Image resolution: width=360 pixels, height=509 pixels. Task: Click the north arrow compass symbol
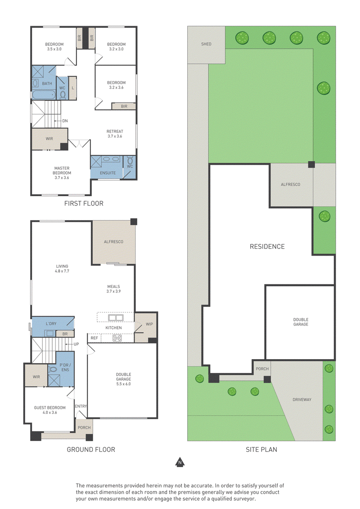pyautogui.click(x=180, y=462)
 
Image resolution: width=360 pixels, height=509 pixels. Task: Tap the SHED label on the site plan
pyautogui.click(x=206, y=44)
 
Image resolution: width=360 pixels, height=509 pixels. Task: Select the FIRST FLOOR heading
pyautogui.click(x=84, y=203)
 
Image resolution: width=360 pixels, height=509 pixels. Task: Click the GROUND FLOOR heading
pyautogui.click(x=91, y=450)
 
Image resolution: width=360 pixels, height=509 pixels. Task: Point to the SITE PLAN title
pyautogui.click(x=261, y=450)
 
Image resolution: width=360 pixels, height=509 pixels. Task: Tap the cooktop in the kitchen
pyautogui.click(x=117, y=338)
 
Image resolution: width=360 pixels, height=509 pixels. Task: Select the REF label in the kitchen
pyautogui.click(x=94, y=338)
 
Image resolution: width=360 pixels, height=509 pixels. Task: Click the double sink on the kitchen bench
pyautogui.click(x=116, y=318)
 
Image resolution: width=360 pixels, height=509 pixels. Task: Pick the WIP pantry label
pyautogui.click(x=149, y=324)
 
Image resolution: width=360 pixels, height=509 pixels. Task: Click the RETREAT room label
pyautogui.click(x=115, y=131)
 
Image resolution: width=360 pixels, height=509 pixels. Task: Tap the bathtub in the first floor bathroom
pyautogui.click(x=44, y=95)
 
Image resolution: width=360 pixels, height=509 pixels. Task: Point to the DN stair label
pyautogui.click(x=65, y=121)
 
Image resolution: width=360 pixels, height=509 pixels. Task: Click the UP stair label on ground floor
pyautogui.click(x=76, y=344)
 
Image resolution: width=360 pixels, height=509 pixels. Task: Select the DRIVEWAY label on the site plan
pyautogui.click(x=302, y=400)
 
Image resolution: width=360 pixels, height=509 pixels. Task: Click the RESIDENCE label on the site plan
pyautogui.click(x=267, y=247)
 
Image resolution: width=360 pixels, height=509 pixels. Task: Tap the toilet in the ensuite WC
pyautogui.click(x=130, y=161)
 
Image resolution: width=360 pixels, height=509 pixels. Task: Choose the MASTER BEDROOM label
pyautogui.click(x=62, y=171)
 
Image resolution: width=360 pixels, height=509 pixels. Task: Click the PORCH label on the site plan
pyautogui.click(x=262, y=369)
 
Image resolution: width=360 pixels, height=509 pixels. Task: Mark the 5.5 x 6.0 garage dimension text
pyautogui.click(x=123, y=384)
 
